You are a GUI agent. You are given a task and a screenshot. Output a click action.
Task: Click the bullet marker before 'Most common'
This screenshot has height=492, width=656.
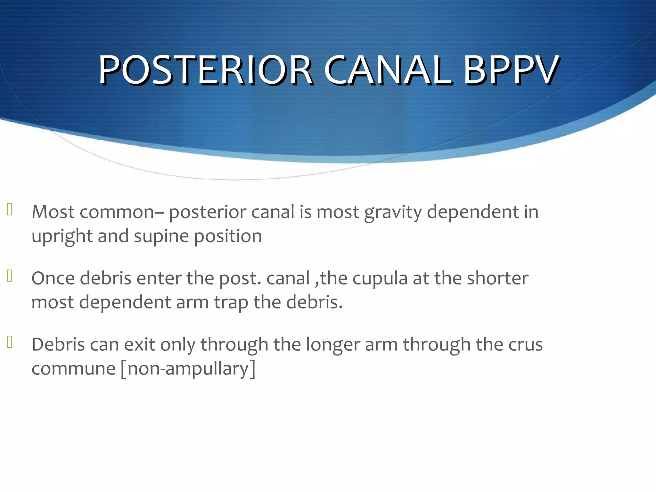click(10, 209)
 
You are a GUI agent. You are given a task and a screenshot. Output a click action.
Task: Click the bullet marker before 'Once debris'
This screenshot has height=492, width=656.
click(10, 276)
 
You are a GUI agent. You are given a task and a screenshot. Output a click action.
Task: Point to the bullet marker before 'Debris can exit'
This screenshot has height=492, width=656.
click(10, 342)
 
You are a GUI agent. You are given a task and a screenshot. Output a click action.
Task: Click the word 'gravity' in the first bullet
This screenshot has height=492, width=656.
click(392, 212)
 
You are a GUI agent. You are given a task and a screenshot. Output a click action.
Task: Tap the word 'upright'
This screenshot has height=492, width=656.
click(62, 236)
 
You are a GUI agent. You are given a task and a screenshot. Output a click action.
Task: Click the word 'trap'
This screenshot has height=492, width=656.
click(231, 303)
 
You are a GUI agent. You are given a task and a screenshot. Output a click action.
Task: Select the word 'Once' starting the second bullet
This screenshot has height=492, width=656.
click(53, 278)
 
